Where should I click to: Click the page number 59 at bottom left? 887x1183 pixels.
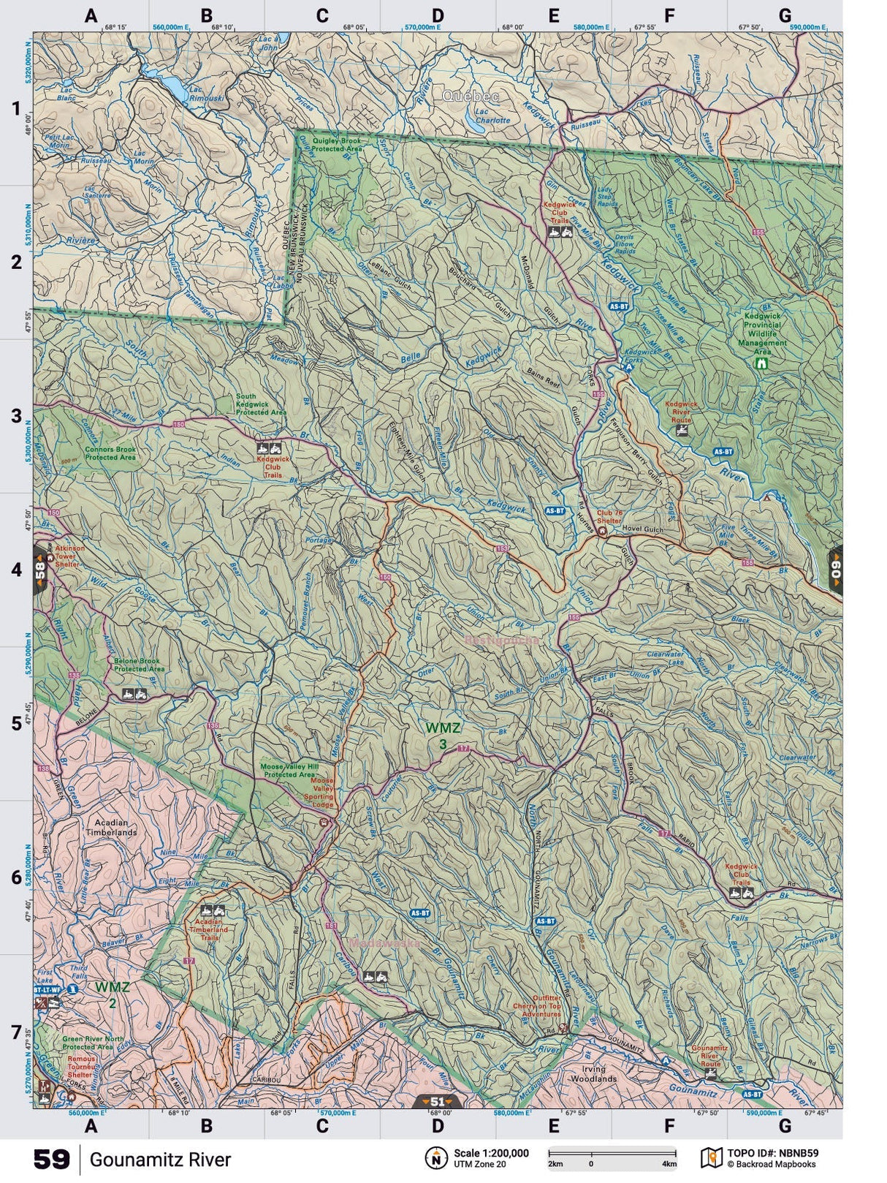tap(51, 1160)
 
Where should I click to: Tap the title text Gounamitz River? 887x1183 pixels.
tap(160, 1160)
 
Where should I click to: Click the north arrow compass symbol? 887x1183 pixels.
tap(436, 1157)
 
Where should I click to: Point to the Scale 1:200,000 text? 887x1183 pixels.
tap(491, 1153)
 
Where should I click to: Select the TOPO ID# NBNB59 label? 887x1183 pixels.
tap(773, 1153)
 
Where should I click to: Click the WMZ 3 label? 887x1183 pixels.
tap(443, 736)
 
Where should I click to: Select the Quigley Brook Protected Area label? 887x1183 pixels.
tap(337, 144)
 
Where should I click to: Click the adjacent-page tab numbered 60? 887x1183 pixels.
tap(835, 569)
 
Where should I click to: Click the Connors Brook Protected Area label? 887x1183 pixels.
tap(110, 453)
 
